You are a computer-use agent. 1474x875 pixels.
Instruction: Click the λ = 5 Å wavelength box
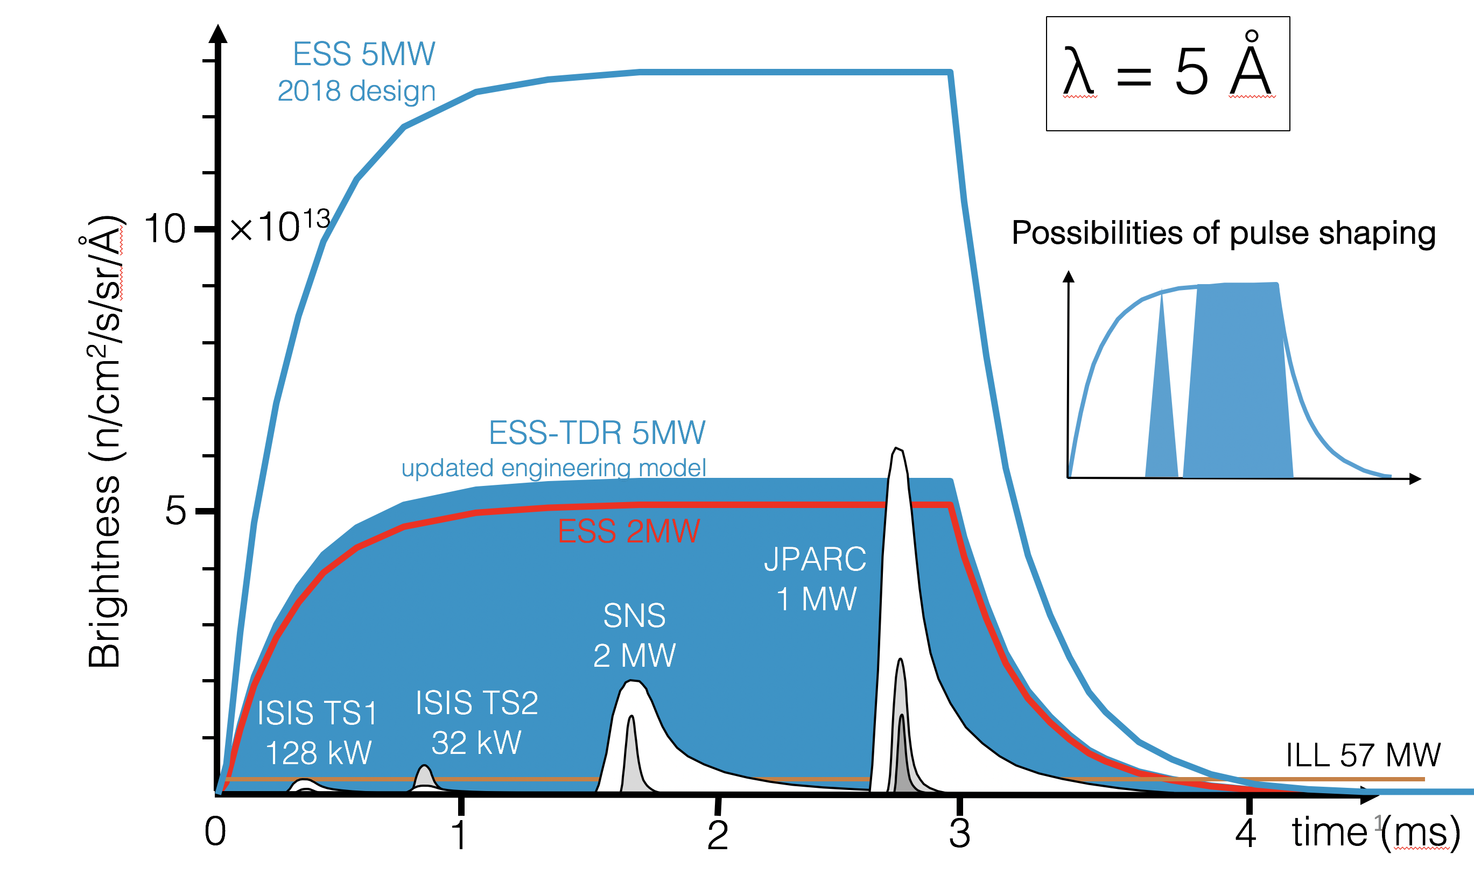coord(1167,74)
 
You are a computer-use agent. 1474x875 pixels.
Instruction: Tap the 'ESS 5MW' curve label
coord(364,54)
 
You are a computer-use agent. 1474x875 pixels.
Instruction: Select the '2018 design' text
coord(356,91)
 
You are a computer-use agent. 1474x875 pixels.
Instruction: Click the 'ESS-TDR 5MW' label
coord(597,433)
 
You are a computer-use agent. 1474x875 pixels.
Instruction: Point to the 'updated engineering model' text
coord(553,468)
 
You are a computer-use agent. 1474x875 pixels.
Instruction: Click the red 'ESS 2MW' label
coord(629,531)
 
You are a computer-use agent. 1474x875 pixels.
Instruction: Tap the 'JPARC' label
coord(815,559)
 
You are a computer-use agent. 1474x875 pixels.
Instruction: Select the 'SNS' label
coord(634,616)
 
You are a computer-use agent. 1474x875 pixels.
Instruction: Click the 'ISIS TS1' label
coord(317,713)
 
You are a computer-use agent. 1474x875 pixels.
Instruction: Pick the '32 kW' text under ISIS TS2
coord(476,742)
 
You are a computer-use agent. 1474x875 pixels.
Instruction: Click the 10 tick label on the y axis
coord(165,229)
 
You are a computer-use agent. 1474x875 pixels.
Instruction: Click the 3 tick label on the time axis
coord(960,834)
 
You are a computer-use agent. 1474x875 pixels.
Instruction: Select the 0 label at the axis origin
coord(215,832)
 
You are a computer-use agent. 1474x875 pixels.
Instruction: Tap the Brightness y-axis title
coord(105,442)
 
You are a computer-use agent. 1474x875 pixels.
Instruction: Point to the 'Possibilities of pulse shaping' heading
coord(1223,233)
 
